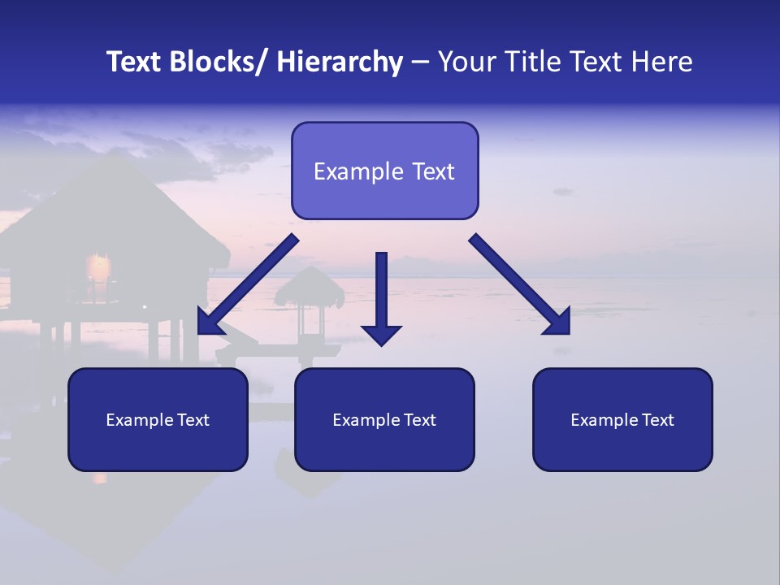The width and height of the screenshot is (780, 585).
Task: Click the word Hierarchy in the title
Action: coord(340,62)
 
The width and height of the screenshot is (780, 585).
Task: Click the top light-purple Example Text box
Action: coord(384,171)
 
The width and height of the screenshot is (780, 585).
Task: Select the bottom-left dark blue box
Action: coord(158,419)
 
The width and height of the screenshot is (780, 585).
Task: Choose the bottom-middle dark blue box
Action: coord(384,419)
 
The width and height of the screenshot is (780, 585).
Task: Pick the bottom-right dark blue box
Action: coord(622,419)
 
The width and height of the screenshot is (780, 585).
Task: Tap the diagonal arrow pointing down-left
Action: coord(248,284)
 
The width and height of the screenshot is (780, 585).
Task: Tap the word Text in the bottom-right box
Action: coord(657,420)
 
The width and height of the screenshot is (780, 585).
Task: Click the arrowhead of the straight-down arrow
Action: coord(382,334)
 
